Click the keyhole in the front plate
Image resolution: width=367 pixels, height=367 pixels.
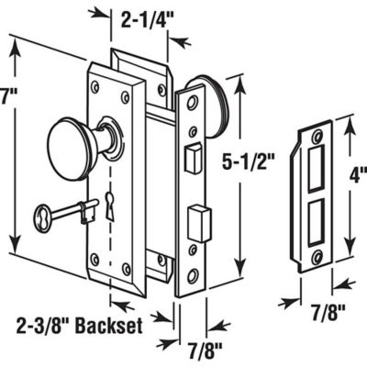coord(110,207)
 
